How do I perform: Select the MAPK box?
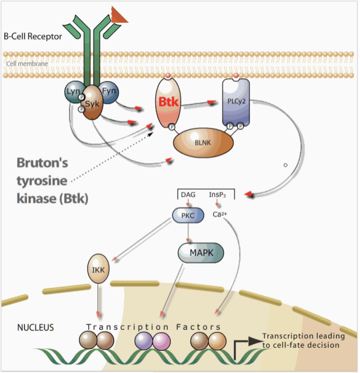[200, 253]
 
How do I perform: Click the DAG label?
[188, 195]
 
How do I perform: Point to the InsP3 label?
[217, 195]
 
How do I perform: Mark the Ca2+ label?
[220, 214]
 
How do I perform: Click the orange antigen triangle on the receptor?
[119, 14]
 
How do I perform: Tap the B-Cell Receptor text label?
[32, 37]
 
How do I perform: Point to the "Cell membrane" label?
[27, 62]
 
